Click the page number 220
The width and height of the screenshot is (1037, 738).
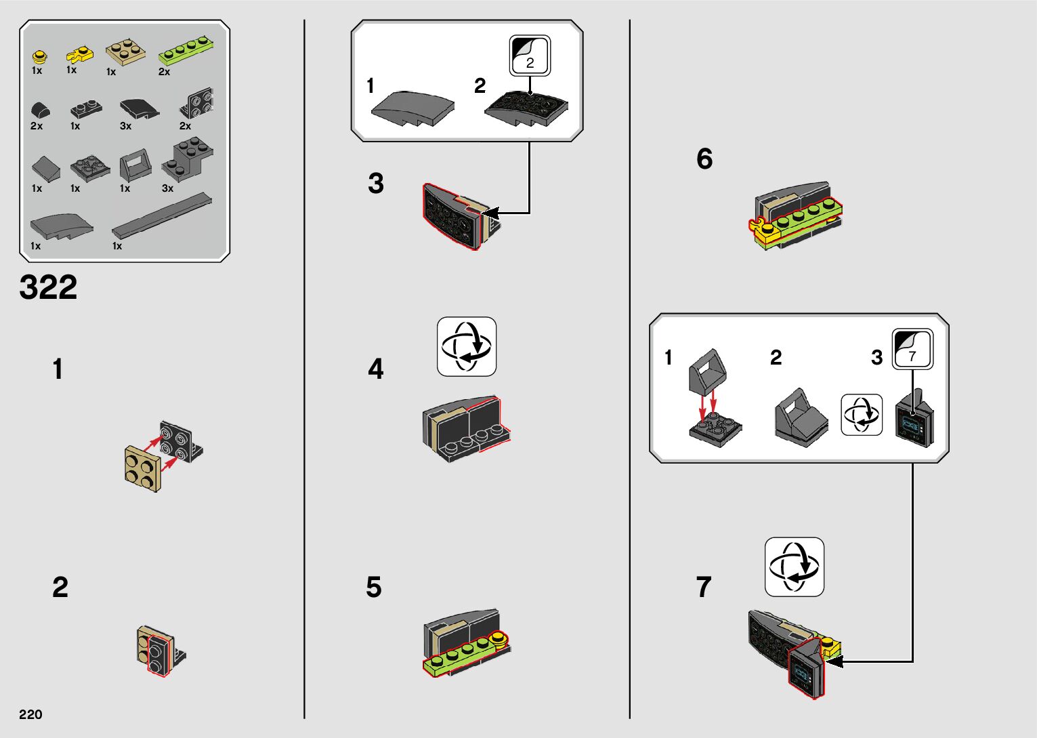tap(30, 714)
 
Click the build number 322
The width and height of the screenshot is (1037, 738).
tap(48, 287)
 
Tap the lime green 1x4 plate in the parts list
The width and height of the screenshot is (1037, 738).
tap(187, 50)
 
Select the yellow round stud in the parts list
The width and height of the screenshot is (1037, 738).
tap(40, 56)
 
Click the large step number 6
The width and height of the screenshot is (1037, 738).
tap(704, 159)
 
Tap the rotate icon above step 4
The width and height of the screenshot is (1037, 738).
tap(467, 346)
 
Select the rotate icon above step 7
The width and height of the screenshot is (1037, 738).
tap(795, 567)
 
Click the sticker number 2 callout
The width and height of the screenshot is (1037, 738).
tap(530, 56)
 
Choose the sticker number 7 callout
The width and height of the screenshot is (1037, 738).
tap(912, 350)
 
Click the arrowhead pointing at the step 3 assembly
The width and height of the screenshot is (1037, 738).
tap(490, 213)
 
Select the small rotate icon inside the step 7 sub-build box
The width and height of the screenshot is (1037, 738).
tap(862, 415)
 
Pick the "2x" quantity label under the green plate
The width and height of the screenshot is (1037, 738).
tap(165, 72)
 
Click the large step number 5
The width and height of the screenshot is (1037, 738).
tap(374, 587)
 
